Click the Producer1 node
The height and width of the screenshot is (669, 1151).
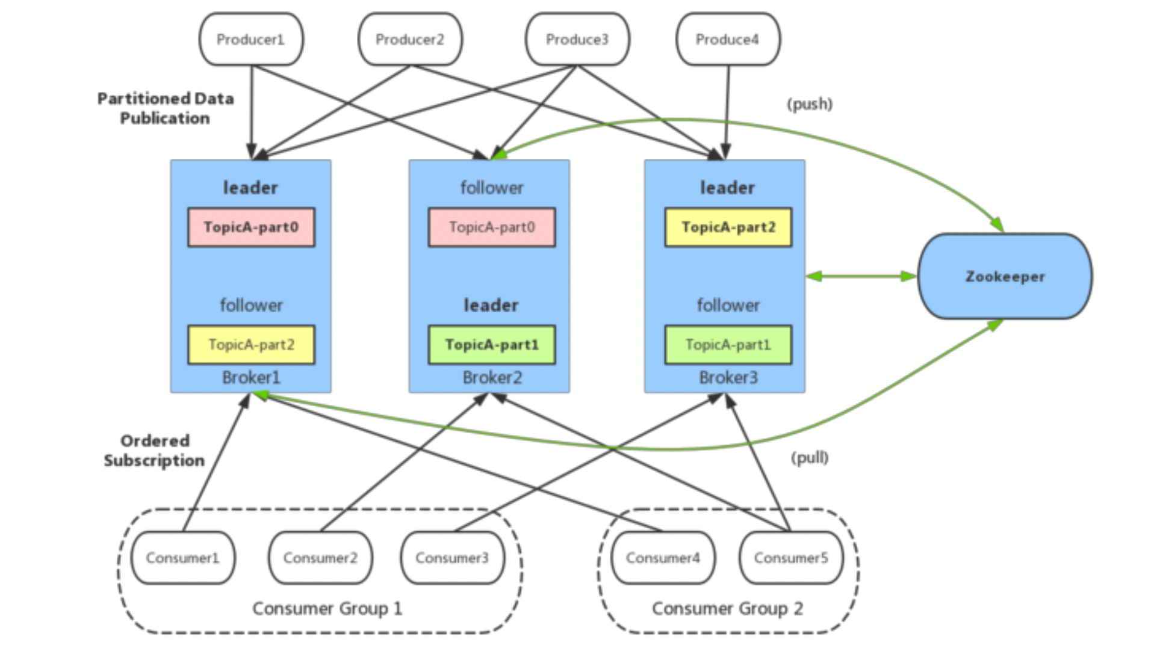coord(251,40)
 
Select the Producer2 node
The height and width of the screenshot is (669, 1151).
coord(410,40)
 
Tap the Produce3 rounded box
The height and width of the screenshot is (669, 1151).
coord(577,40)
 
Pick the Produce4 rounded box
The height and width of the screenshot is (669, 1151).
coord(728,40)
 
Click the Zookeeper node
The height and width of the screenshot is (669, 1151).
coord(1005,277)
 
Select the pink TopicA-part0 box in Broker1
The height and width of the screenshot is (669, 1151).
coord(251,227)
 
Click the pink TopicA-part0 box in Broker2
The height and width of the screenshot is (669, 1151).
coord(492,227)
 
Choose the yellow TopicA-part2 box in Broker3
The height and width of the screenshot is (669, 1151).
coord(728,227)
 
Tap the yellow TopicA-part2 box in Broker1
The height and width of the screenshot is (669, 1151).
coord(251,345)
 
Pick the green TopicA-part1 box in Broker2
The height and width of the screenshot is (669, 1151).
coord(492,345)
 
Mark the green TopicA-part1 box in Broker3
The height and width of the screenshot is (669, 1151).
coord(728,345)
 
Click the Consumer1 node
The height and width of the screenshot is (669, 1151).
coord(183,558)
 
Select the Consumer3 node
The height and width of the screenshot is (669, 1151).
coord(453,558)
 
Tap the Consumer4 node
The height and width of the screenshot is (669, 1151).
coord(663,558)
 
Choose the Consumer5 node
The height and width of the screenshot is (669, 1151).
coord(791,558)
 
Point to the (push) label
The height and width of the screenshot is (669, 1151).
coord(810,104)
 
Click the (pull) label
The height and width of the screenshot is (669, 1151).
coord(810,458)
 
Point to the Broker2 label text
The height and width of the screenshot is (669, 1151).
coord(492,378)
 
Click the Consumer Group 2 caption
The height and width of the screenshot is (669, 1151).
coord(727,609)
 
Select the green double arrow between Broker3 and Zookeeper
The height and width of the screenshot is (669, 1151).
coord(861,277)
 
